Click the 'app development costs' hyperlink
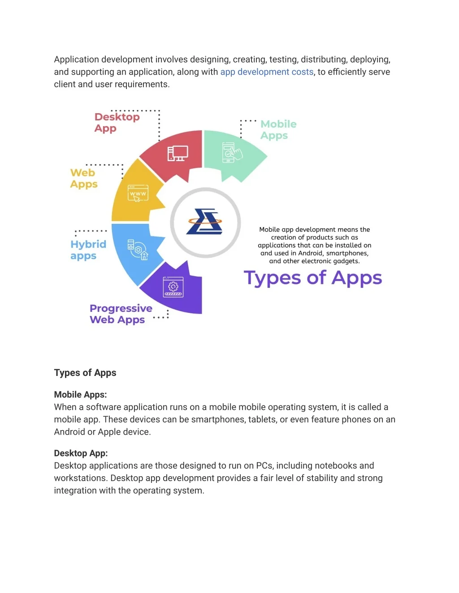coord(267,72)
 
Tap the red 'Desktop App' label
coord(117,123)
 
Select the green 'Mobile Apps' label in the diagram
coord(278,130)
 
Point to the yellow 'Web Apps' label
coord(83,178)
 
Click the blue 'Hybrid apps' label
coord(88,250)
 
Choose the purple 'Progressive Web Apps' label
coord(120,314)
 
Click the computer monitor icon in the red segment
coord(178,154)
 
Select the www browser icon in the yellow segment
coord(138,193)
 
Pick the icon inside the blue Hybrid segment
coord(137,249)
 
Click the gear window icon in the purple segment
coord(173,287)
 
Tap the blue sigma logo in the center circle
coord(205,222)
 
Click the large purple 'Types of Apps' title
coord(312,278)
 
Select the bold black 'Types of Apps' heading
coord(85,373)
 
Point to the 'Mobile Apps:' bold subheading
coord(80,395)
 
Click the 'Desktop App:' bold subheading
coord(81,453)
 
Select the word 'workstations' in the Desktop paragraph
coord(80,478)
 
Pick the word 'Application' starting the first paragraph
coord(76,60)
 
